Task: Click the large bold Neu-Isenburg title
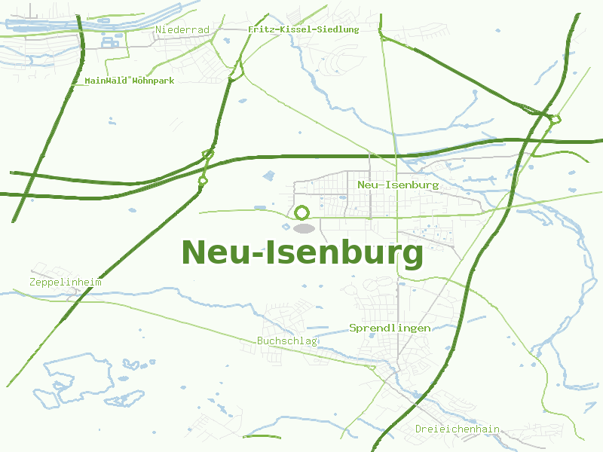click(x=302, y=253)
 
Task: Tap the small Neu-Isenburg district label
click(x=398, y=185)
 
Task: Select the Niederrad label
click(x=182, y=29)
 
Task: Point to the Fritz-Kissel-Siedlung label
click(x=303, y=29)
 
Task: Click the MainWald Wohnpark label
click(x=129, y=80)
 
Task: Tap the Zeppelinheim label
click(x=66, y=282)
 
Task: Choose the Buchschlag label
click(x=287, y=341)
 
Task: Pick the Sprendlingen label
click(x=390, y=328)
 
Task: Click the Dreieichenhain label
click(x=458, y=429)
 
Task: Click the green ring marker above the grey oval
click(x=302, y=213)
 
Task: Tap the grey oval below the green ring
click(x=303, y=228)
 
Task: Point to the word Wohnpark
click(x=153, y=80)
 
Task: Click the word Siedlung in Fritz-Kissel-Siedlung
click(x=335, y=29)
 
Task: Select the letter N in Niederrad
click(x=158, y=29)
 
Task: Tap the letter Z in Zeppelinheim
click(x=33, y=282)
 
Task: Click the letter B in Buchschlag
click(x=261, y=341)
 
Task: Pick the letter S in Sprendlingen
click(x=353, y=328)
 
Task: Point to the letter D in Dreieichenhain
click(x=419, y=429)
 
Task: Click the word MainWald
click(x=106, y=80)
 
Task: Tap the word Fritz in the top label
click(x=261, y=29)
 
